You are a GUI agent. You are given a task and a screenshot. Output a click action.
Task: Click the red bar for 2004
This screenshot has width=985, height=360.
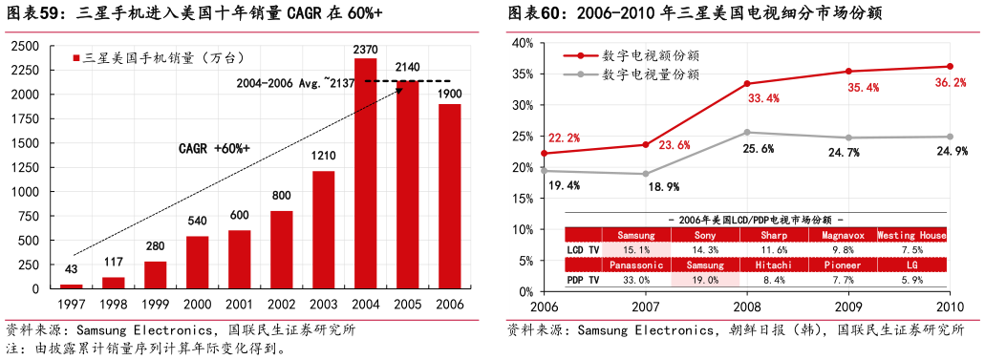365,174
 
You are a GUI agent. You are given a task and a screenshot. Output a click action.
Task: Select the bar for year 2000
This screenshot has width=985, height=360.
197,263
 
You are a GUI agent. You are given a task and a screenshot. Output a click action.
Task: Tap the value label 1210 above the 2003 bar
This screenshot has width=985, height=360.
323,157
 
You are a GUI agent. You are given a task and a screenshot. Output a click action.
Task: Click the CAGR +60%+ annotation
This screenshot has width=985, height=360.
214,149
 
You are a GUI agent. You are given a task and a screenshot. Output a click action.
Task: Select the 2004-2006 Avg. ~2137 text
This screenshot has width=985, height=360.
295,83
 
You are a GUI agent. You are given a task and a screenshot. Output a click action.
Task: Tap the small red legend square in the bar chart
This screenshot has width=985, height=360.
76,59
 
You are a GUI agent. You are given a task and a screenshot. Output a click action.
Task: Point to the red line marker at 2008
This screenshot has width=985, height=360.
747,84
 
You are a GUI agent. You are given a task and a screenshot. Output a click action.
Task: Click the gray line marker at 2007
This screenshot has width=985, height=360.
645,174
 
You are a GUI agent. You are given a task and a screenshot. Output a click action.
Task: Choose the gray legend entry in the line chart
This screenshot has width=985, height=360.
650,74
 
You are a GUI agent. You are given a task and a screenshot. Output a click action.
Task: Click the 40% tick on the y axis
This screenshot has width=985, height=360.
522,43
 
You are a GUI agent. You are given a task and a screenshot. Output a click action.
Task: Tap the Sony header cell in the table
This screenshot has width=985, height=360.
705,235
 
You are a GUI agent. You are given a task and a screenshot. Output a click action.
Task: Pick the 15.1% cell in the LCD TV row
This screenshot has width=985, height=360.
635,249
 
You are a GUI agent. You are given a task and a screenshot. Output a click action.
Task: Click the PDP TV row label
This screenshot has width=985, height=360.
583,280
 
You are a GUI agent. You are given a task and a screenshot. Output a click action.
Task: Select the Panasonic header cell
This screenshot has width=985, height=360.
635,265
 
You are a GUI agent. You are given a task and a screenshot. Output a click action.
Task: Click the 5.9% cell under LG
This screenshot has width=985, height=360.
911,280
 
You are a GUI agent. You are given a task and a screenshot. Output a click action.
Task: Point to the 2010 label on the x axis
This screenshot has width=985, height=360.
950,306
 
